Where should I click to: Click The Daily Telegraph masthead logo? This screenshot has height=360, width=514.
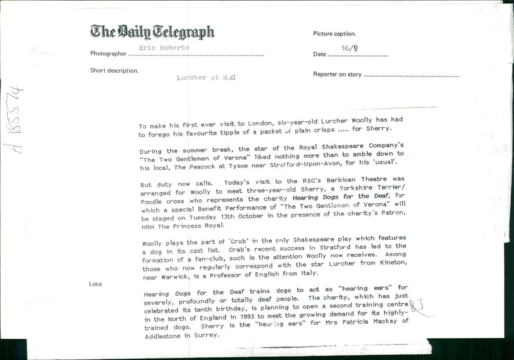(152, 32)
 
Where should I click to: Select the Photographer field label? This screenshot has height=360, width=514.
(109, 54)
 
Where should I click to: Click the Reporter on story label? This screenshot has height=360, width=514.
(337, 75)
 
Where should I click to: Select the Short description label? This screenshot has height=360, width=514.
(114, 71)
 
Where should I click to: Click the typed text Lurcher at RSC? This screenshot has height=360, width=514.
(206, 78)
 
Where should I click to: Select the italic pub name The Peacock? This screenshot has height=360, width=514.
(197, 166)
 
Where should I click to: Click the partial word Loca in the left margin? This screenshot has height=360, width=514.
(96, 283)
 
